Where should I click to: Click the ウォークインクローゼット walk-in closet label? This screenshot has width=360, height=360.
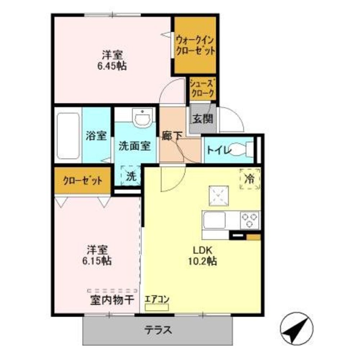(195, 45)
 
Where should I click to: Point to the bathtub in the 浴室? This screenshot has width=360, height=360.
(68, 136)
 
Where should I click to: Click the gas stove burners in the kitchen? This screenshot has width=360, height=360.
(249, 220)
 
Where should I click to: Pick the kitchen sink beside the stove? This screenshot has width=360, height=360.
(215, 220)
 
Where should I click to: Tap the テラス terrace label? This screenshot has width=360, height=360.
(157, 329)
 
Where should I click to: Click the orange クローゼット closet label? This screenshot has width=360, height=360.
(82, 180)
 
